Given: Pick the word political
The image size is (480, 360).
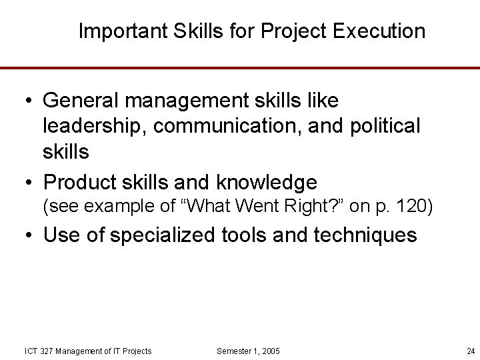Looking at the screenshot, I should coord(383,126).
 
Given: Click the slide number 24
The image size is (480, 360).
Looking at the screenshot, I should coord(471,351).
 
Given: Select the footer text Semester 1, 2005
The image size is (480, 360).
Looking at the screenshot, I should coord(249,351).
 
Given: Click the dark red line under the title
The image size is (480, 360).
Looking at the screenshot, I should coord(240,67).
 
